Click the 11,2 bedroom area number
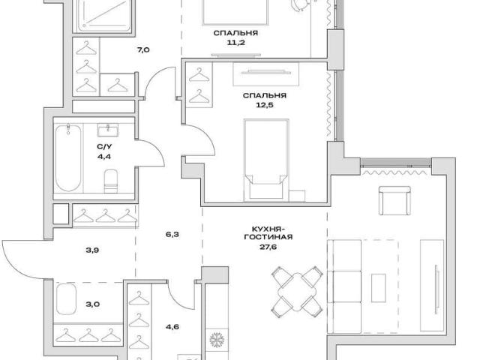click(x=235, y=43)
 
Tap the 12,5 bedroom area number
click(x=265, y=105)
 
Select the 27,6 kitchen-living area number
click(x=268, y=247)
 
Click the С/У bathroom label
click(x=104, y=147)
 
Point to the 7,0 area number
click(x=143, y=49)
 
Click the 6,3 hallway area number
click(x=172, y=235)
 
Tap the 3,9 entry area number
click(x=92, y=250)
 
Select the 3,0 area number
click(x=93, y=304)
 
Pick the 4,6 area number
click(x=172, y=327)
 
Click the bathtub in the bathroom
click(x=68, y=157)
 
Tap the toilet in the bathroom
click(x=111, y=181)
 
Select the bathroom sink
click(x=108, y=130)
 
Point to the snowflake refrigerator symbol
click(x=217, y=340)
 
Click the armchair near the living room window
click(x=395, y=200)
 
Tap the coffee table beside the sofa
click(x=378, y=288)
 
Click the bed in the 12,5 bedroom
click(x=266, y=160)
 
